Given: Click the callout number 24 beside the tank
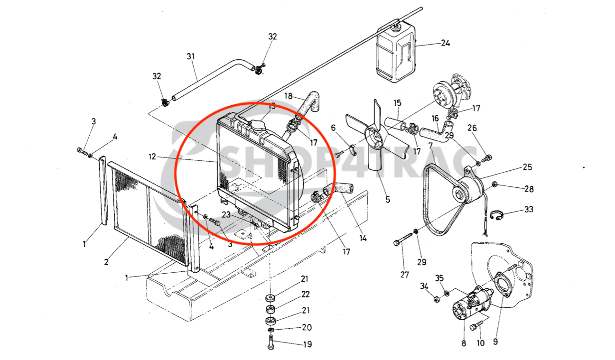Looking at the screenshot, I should click(445, 43).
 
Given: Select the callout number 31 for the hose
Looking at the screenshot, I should click(191, 56).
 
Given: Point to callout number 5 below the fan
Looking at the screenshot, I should click(388, 200).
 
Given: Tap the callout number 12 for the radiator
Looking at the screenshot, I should click(152, 157).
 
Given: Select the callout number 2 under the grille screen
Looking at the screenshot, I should click(107, 262).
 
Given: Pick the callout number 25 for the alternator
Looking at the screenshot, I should click(527, 167).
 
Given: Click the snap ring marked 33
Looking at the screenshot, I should click(496, 216).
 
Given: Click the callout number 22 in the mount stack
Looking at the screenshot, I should click(305, 295).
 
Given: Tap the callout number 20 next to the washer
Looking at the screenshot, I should click(307, 327).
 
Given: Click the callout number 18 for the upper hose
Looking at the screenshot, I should click(288, 96).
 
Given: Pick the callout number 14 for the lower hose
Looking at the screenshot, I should click(363, 238).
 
